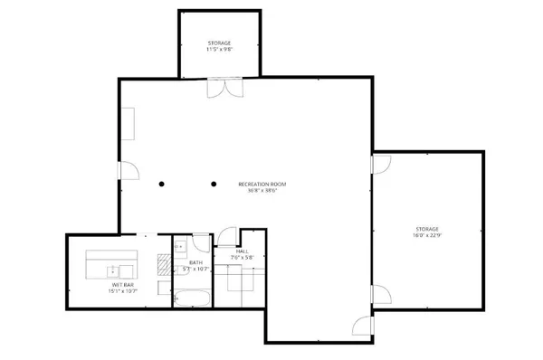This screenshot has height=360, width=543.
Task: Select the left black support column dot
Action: [x=160, y=185]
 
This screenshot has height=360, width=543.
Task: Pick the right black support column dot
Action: [x=214, y=185]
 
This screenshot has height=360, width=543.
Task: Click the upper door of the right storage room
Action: [x=380, y=163]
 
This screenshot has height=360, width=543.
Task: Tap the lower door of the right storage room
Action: [x=380, y=294]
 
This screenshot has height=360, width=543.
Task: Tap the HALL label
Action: [x=243, y=251]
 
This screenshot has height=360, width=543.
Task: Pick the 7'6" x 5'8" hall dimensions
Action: [x=243, y=258]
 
